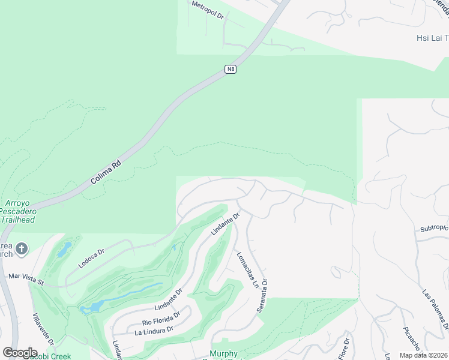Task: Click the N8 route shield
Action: pos(231,70)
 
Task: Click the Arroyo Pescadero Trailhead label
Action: pos(17,211)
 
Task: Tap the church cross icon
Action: pos(21,248)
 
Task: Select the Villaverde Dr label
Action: pos(43,329)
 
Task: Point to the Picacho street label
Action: pos(414,340)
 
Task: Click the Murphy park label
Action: pos(224,354)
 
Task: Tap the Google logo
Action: pos(20,353)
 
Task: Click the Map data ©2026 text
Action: pos(424,355)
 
